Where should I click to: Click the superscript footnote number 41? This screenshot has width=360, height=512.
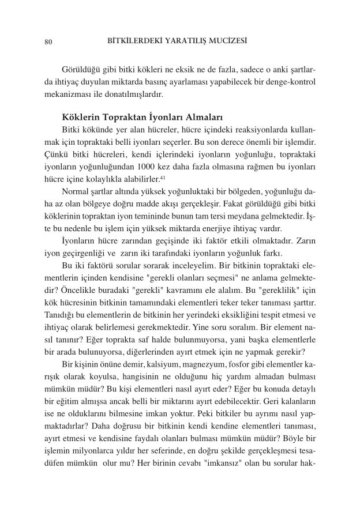(163, 176)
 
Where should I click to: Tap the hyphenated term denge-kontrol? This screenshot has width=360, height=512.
(287, 82)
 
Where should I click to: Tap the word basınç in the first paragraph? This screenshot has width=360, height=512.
(179, 82)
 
